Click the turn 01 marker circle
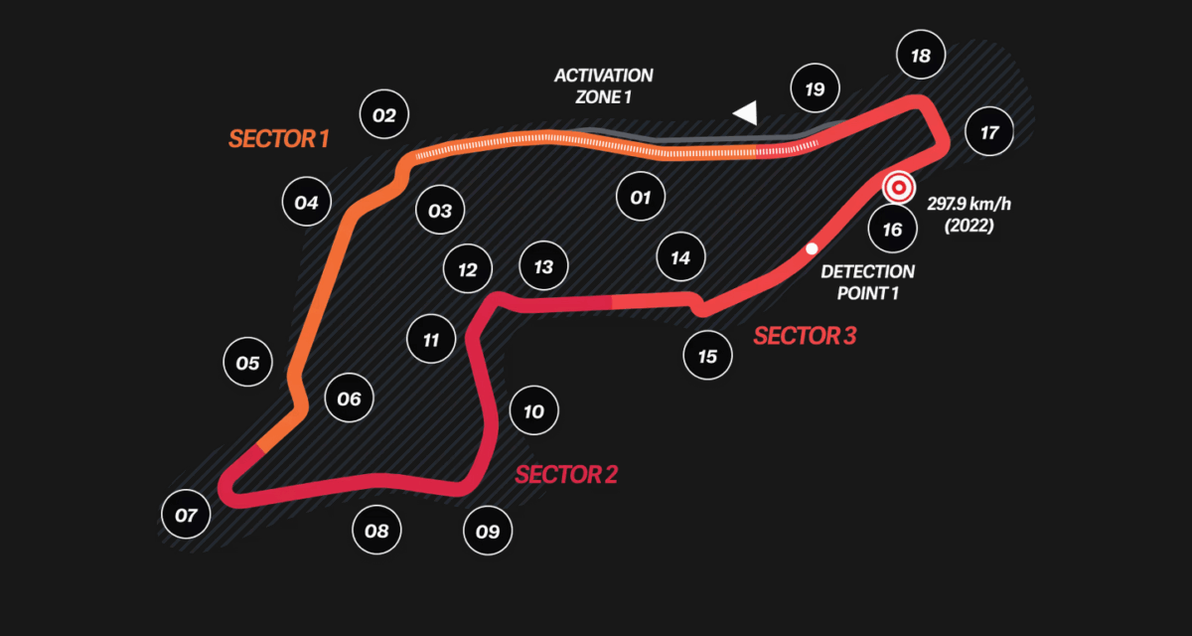[640, 197]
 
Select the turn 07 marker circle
[186, 515]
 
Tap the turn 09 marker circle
[487, 530]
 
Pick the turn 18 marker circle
[920, 56]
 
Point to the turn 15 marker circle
[707, 355]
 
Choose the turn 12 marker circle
[468, 269]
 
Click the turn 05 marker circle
[247, 363]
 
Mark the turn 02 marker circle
[384, 115]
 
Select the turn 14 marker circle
[680, 258]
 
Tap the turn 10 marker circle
[533, 410]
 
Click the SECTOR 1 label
[278, 138]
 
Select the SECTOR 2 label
[566, 474]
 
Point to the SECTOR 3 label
[805, 336]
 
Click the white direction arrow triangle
[746, 113]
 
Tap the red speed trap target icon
[898, 187]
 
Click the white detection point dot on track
[812, 248]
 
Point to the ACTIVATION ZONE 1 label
[604, 85]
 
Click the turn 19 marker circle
[815, 89]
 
